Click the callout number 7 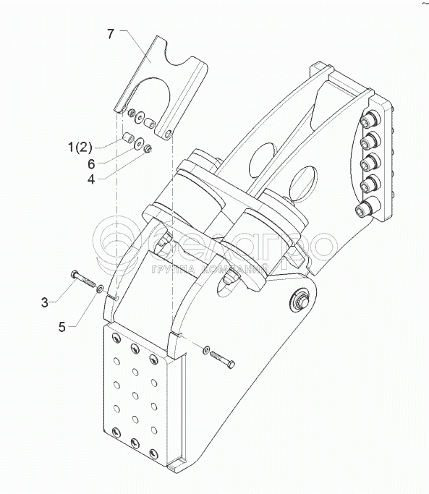tap(110, 34)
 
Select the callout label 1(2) tap(80, 147)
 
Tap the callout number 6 tap(91, 164)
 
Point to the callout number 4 tap(91, 179)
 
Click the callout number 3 tap(45, 303)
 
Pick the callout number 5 tap(62, 327)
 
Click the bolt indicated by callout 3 tap(83, 278)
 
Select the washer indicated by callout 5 tap(100, 289)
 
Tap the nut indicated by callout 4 tap(147, 148)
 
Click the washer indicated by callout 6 tap(138, 143)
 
